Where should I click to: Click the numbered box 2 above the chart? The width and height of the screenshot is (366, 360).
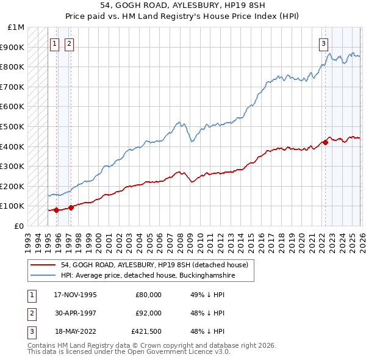pyautogui.click(x=70, y=43)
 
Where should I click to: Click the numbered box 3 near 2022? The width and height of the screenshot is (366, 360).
pyautogui.click(x=323, y=43)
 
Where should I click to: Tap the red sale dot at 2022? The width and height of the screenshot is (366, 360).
pyautogui.click(x=325, y=142)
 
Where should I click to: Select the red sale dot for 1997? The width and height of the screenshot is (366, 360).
pyautogui.click(x=71, y=207)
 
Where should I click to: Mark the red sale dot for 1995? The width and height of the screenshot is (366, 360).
pyautogui.click(x=56, y=210)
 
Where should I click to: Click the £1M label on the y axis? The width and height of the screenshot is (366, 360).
pyautogui.click(x=16, y=27)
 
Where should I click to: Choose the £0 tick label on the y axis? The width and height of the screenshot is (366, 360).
pyautogui.click(x=19, y=226)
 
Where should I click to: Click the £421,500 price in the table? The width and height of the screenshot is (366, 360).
pyautogui.click(x=146, y=332)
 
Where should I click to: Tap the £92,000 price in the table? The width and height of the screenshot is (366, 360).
pyautogui.click(x=149, y=313)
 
